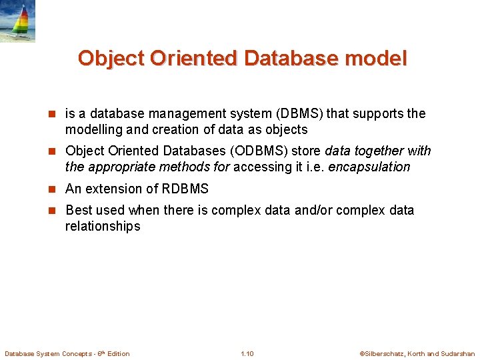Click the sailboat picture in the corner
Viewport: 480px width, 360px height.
click(x=17, y=21)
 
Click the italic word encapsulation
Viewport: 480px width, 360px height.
click(x=369, y=167)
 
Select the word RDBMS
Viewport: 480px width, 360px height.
click(x=185, y=189)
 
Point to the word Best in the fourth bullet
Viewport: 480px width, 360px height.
click(x=79, y=210)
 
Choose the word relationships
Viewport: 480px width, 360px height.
click(x=103, y=226)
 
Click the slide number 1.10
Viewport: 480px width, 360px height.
click(x=247, y=353)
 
